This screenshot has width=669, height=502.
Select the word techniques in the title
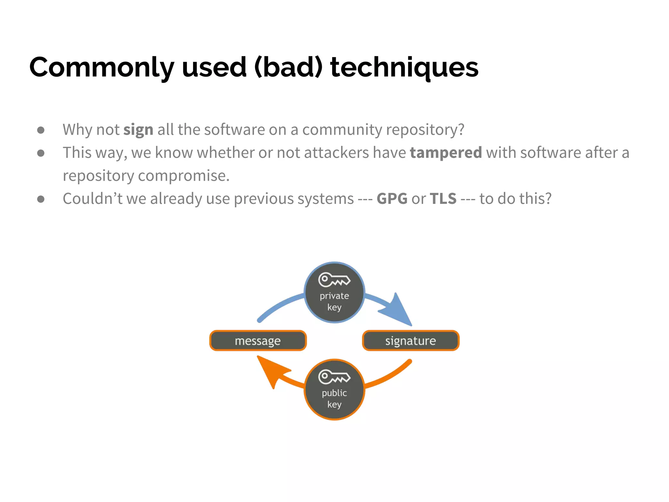tap(404, 67)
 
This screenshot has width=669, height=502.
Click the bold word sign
tap(138, 130)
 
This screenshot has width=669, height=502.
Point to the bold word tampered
tap(446, 153)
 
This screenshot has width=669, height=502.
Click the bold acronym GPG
tap(392, 199)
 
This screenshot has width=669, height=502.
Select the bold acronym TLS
tap(443, 199)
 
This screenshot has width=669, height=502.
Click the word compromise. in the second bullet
tap(184, 176)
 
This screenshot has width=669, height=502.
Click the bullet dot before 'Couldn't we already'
tap(41, 199)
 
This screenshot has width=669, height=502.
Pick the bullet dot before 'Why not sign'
tap(41, 130)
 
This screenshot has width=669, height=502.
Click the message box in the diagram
tap(258, 341)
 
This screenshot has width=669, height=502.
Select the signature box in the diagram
tap(411, 341)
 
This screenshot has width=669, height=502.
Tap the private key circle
tap(334, 301)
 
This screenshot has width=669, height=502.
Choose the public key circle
tap(334, 397)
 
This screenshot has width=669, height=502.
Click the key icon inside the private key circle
tap(334, 280)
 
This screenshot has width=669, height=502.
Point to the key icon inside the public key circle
tap(334, 377)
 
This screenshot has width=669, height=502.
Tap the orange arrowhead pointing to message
tap(271, 371)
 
